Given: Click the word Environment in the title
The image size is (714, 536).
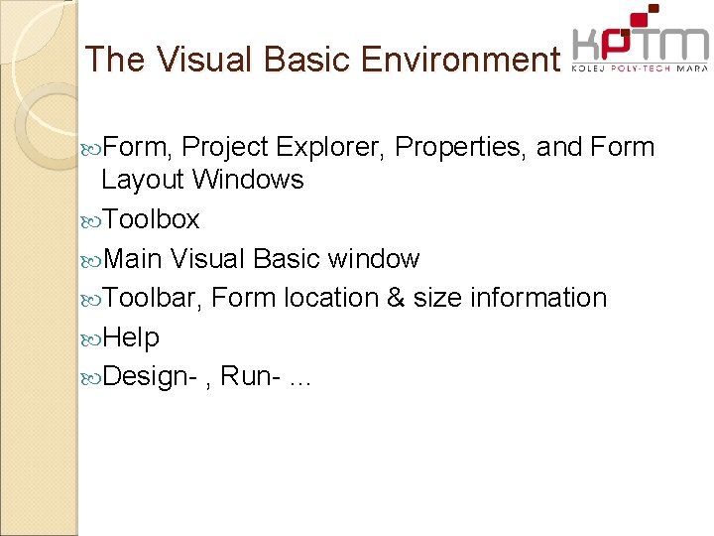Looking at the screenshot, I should [x=460, y=60].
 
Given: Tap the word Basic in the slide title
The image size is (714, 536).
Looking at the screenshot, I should [x=304, y=60].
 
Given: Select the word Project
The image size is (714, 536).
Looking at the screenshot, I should [x=226, y=148].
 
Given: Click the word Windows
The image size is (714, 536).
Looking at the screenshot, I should [x=248, y=180].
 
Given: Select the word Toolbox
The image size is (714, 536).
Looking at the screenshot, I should [x=151, y=219].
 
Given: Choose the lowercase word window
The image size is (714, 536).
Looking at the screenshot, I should [x=374, y=259].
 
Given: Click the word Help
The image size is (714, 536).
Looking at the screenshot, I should [x=131, y=337].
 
